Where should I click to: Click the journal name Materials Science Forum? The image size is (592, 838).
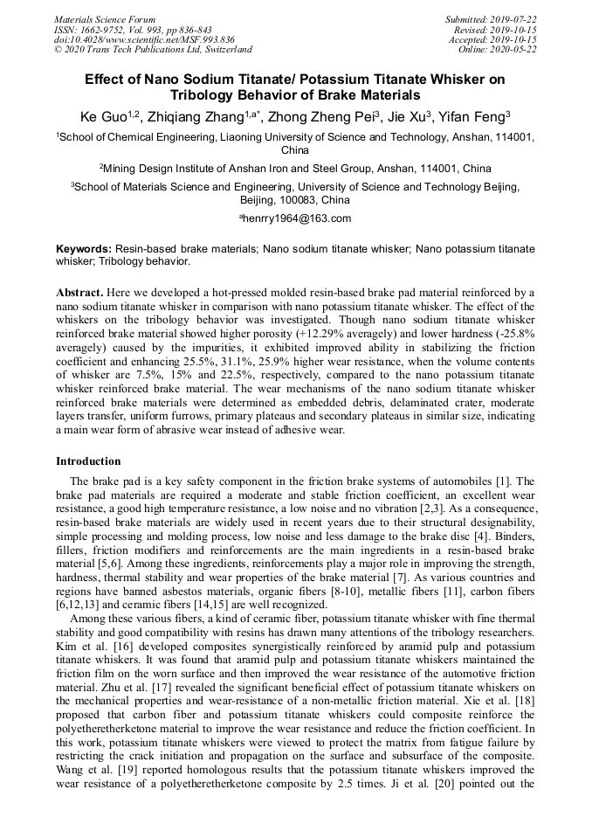click(x=105, y=19)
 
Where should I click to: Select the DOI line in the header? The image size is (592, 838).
click(x=144, y=39)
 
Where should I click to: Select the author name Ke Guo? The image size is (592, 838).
click(x=96, y=116)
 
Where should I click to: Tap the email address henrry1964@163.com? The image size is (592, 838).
click(x=297, y=218)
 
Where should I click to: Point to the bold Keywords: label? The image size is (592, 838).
click(x=84, y=249)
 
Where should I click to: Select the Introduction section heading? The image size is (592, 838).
click(x=88, y=461)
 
